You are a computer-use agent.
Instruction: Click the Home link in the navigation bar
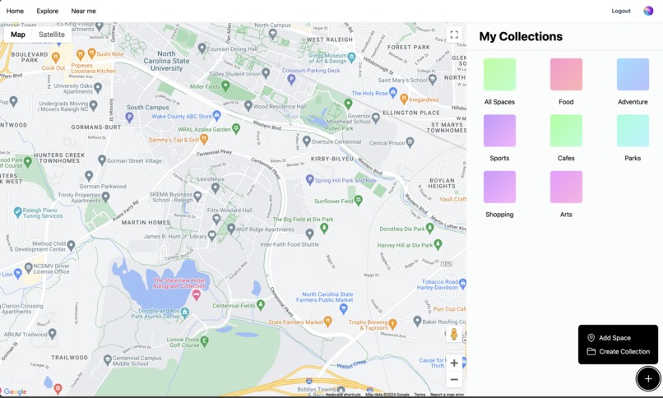[15, 12]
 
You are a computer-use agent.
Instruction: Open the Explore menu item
[47, 12]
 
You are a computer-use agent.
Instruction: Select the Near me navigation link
[83, 12]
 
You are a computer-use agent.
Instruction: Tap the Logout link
[621, 12]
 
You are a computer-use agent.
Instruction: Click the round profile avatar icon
[648, 12]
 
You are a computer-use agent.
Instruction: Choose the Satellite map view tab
[52, 35]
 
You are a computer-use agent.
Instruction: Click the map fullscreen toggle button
[454, 35]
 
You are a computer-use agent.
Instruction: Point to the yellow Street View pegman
[454, 335]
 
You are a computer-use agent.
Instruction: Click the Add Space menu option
[614, 338]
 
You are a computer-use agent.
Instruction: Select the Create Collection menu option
[624, 352]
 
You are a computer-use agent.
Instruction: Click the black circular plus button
[648, 378]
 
